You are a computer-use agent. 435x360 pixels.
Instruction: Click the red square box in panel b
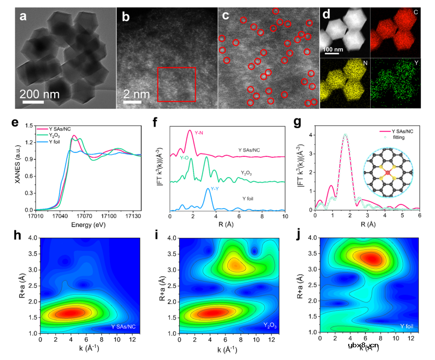(176, 84)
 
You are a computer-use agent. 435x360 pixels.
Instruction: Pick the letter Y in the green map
(410, 63)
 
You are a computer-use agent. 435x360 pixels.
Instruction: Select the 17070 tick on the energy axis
(85, 215)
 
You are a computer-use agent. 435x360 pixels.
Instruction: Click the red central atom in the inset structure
(388, 172)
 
